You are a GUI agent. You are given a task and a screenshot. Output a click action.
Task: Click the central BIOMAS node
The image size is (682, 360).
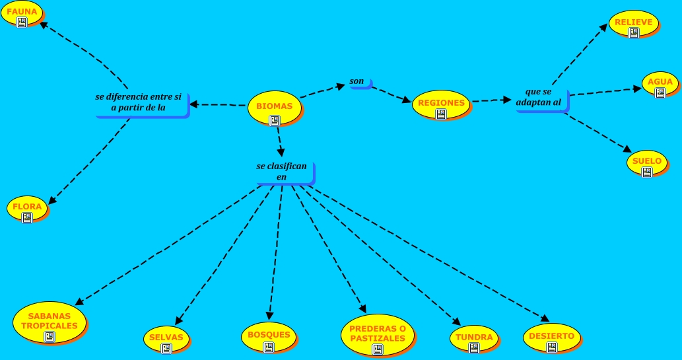pyautogui.click(x=274, y=108)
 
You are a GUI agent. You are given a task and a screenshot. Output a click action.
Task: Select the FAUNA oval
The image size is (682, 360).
pyautogui.click(x=22, y=13)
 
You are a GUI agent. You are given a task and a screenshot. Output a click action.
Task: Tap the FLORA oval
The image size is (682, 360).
pyautogui.click(x=27, y=207)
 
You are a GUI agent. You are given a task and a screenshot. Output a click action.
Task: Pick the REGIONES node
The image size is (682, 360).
pyautogui.click(x=441, y=104)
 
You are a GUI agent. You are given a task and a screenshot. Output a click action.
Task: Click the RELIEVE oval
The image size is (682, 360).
pyautogui.click(x=633, y=24)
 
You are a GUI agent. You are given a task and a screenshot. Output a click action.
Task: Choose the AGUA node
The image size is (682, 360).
pyautogui.click(x=660, y=84)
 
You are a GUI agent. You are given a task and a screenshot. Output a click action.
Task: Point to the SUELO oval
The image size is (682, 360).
pyautogui.click(x=646, y=162)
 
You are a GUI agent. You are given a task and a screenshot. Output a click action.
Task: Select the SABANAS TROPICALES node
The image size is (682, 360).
pyautogui.click(x=49, y=322)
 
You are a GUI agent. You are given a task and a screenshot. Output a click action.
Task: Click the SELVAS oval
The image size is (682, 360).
pyautogui.click(x=166, y=338)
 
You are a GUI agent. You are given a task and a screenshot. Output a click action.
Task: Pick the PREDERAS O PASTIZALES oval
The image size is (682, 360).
pyautogui.click(x=377, y=334)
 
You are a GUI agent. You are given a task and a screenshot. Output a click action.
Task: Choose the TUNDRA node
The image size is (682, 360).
pyautogui.click(x=473, y=338)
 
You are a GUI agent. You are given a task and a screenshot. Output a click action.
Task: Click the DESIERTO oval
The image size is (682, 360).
pyautogui.click(x=551, y=338)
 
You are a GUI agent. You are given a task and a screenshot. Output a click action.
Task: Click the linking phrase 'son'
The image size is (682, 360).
pyautogui.click(x=358, y=83)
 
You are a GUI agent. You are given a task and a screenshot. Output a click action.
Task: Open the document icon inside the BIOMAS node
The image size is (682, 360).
pyautogui.click(x=275, y=120)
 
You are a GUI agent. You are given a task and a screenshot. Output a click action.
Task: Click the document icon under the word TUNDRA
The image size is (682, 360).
pyautogui.click(x=473, y=347)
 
